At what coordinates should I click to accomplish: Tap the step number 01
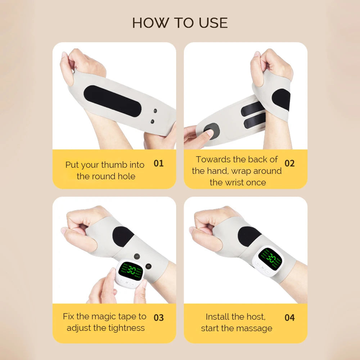pos(159,163)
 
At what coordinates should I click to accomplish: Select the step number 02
pos(289,163)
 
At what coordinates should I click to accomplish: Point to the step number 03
pos(159,318)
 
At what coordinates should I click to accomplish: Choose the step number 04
pos(289,318)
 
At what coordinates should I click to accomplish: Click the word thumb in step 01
pos(114,165)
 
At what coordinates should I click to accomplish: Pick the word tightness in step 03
pos(125,328)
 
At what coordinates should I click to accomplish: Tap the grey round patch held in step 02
pos(211,131)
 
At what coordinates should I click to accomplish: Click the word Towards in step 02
pos(213,159)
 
